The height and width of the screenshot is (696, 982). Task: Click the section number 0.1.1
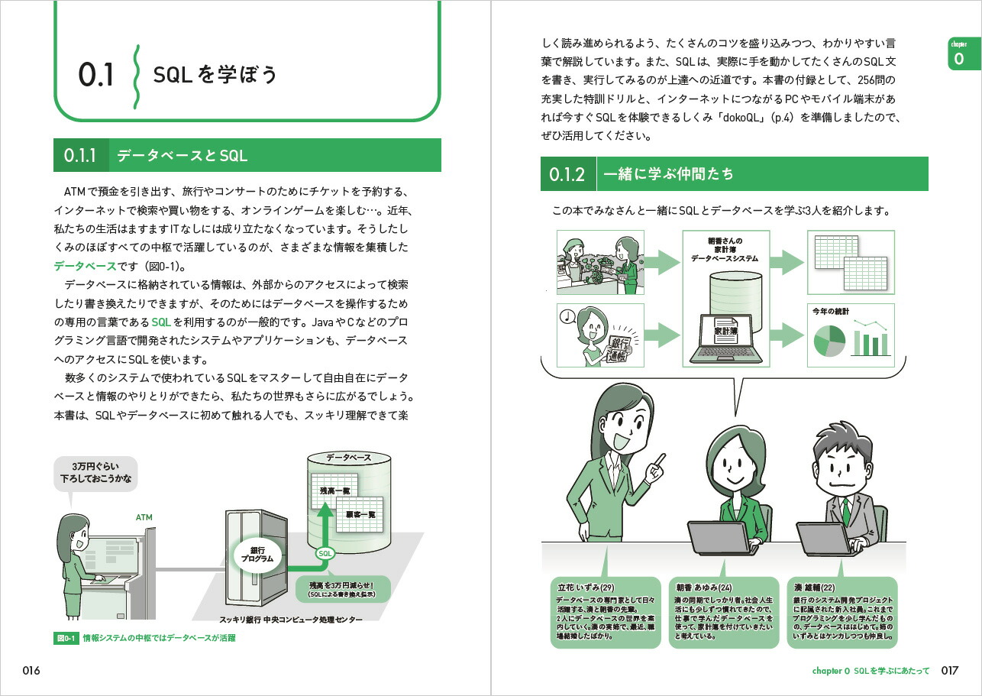80,155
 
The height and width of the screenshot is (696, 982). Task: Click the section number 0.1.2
567,174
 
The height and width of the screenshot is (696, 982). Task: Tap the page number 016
31,671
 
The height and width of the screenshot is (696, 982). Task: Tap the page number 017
949,671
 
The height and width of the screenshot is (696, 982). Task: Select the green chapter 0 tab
958,53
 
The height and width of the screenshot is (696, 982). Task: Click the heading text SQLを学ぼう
215,75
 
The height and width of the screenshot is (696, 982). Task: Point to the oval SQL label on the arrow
325,553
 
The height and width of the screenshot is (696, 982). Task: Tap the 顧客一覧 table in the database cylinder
358,514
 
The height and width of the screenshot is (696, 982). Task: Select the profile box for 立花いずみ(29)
606,612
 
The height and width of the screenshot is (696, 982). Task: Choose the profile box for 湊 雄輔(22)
842,612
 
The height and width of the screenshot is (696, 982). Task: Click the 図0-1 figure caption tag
66,637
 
